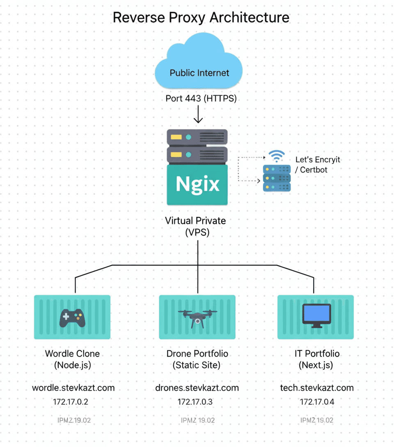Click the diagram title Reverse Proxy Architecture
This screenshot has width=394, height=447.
pyautogui.click(x=201, y=18)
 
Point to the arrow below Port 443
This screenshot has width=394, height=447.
pyautogui.click(x=198, y=115)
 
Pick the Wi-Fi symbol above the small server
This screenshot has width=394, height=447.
pyautogui.click(x=277, y=157)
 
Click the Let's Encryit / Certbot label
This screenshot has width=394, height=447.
pyautogui.click(x=318, y=164)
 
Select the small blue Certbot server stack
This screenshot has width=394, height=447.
pyautogui.click(x=277, y=178)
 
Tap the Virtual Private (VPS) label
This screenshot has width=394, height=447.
pyautogui.click(x=195, y=226)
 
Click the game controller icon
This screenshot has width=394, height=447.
pyautogui.click(x=72, y=318)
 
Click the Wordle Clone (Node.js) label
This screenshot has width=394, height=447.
pyautogui.click(x=72, y=359)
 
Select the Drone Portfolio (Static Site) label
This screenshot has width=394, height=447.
pyautogui.click(x=197, y=359)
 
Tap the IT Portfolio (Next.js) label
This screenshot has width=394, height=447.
pyautogui.click(x=317, y=359)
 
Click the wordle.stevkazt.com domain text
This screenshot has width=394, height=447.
pyautogui.click(x=73, y=388)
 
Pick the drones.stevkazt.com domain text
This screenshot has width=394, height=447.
pyautogui.click(x=197, y=388)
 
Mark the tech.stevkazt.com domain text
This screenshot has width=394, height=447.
pyautogui.click(x=317, y=388)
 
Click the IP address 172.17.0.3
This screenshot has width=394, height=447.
pyautogui.click(x=195, y=402)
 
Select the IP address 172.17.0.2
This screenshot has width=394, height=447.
pyautogui.click(x=71, y=402)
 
